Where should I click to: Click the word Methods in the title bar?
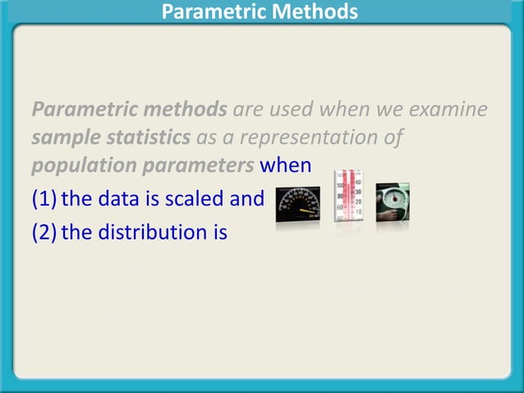pos(317,12)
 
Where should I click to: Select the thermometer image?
pos(347,197)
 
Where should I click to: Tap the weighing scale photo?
pos(393,201)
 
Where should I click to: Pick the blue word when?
pos(285,165)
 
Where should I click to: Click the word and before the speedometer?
pos(248,199)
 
